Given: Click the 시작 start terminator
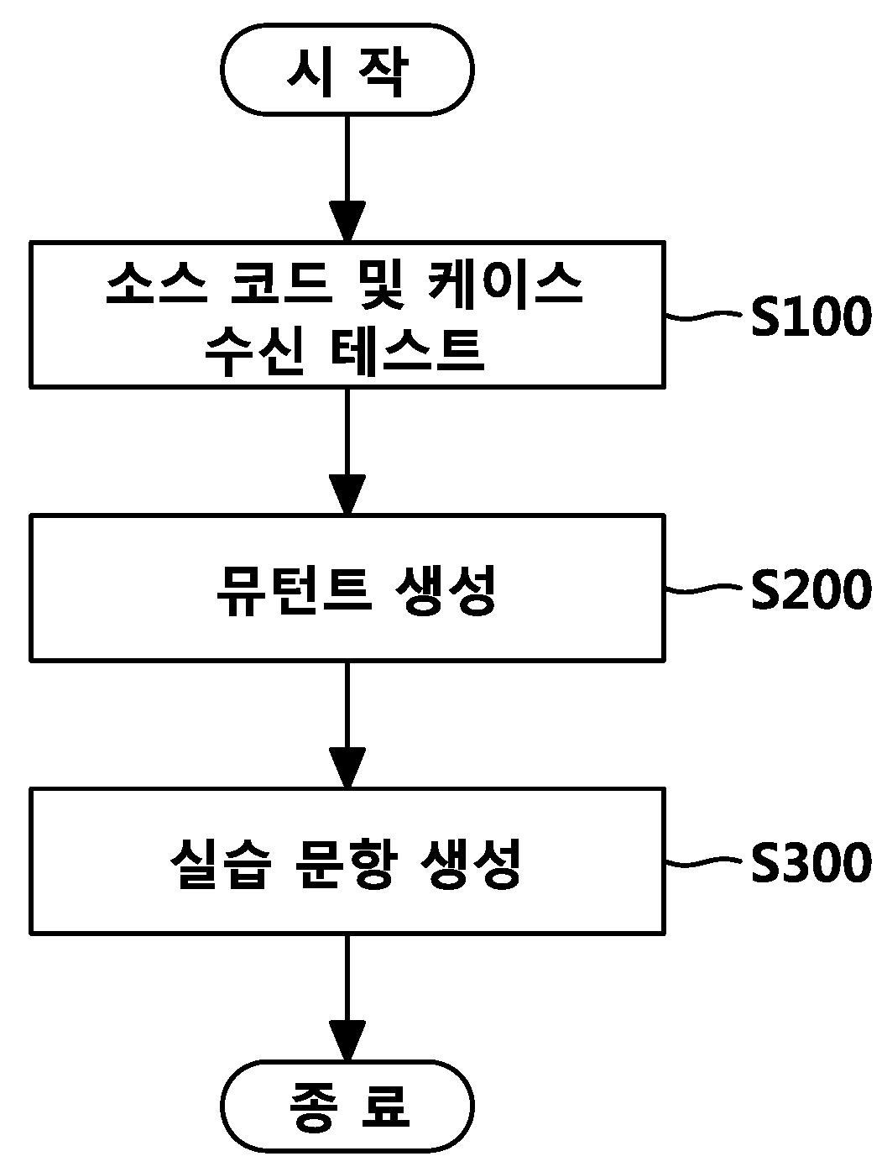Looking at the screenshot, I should coord(347,70).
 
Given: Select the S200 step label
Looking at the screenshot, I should coord(810,589).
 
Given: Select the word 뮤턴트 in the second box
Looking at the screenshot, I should coord(292,589).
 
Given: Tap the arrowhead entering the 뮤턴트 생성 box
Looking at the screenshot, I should coord(347,494).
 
